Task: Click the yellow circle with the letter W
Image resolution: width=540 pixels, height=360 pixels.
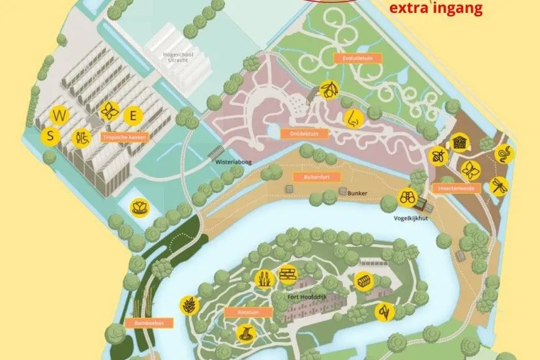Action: tap(60, 116)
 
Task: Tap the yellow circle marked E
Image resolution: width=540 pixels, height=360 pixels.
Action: tap(134, 117)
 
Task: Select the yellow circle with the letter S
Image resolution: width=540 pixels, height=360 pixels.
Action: tap(50, 136)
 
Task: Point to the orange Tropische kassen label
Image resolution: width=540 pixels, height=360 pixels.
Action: tap(125, 138)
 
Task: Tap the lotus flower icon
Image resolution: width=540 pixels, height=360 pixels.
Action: tap(140, 208)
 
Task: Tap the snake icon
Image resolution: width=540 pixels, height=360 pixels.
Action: tap(505, 154)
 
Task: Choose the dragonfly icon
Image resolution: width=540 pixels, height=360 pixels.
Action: tap(499, 186)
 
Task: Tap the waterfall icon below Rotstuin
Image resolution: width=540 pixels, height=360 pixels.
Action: tap(245, 335)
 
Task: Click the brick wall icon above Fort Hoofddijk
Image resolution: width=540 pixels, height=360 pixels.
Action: tap(288, 275)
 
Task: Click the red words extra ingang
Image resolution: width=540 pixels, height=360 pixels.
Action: tap(435, 8)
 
